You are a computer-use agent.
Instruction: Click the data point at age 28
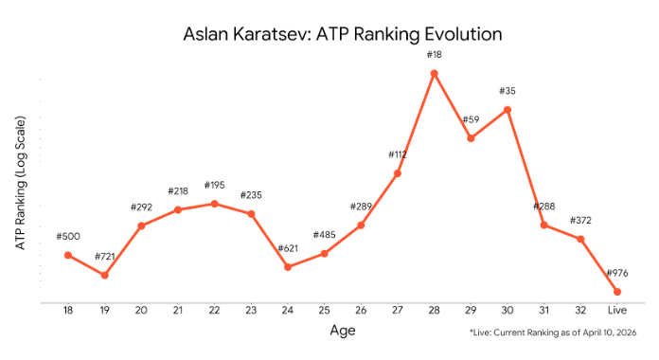(x=434, y=73)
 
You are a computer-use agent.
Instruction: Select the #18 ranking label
(x=434, y=55)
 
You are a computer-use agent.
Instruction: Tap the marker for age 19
(x=104, y=275)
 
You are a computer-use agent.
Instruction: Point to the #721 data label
(x=104, y=257)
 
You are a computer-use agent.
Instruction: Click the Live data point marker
(x=616, y=291)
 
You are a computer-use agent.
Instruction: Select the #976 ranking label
(x=616, y=273)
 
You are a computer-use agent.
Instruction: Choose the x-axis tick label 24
(x=288, y=310)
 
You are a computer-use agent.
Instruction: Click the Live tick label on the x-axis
(x=616, y=310)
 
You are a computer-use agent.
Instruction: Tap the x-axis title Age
(x=342, y=331)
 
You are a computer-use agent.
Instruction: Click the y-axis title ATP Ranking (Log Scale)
(x=20, y=184)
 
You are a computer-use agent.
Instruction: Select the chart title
(x=342, y=35)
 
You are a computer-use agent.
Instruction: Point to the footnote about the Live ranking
(x=552, y=333)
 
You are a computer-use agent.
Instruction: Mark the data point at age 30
(x=508, y=110)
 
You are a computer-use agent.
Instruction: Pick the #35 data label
(x=508, y=92)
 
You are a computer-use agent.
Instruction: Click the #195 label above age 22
(x=214, y=185)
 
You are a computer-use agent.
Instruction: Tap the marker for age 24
(x=288, y=267)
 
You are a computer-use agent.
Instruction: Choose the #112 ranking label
(x=398, y=154)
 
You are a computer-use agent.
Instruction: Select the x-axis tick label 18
(x=67, y=310)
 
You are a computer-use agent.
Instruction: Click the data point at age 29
(x=471, y=138)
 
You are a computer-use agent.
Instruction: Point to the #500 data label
(x=67, y=236)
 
